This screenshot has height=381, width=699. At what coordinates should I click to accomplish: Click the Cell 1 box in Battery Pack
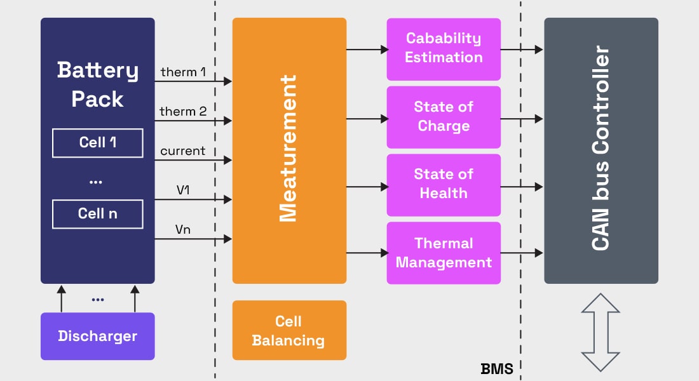click(x=97, y=143)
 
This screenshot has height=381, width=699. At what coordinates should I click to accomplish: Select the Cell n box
click(x=97, y=214)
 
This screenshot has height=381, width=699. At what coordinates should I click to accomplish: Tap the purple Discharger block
click(x=97, y=336)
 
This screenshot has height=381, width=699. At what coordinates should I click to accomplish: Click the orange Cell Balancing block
click(x=289, y=330)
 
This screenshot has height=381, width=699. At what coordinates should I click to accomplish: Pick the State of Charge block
click(x=444, y=117)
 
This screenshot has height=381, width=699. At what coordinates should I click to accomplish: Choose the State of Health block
click(x=444, y=184)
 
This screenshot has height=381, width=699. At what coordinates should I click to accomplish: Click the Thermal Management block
click(x=444, y=253)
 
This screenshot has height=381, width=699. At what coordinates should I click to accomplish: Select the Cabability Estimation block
click(x=444, y=48)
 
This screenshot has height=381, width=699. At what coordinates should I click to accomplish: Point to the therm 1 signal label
click(x=183, y=72)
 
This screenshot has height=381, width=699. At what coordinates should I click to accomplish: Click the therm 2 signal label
click(x=183, y=112)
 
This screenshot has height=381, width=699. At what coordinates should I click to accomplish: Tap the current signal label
click(x=183, y=151)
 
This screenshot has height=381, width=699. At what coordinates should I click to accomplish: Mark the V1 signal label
click(x=183, y=190)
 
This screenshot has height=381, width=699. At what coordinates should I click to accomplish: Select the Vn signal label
click(x=183, y=230)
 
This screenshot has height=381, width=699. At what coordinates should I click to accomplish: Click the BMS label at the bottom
click(x=497, y=368)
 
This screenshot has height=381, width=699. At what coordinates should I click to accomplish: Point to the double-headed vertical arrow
click(x=601, y=332)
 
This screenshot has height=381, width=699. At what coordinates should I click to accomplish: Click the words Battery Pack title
click(x=97, y=84)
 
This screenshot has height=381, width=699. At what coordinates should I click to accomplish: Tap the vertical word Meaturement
click(x=289, y=149)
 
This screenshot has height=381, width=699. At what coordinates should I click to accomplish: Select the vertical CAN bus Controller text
click(x=601, y=149)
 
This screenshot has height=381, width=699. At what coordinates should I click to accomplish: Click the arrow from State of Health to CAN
click(x=522, y=187)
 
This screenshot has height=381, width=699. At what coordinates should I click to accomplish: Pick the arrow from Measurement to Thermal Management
click(x=367, y=253)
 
